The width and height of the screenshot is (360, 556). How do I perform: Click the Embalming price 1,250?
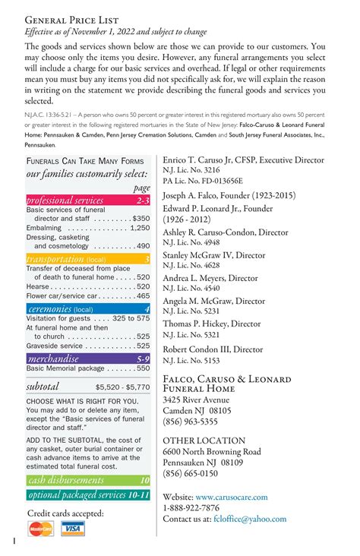140,227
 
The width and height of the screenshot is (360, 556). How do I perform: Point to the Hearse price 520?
143,287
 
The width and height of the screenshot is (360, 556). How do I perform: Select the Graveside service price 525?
143,346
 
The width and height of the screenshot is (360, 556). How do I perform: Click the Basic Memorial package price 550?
143,368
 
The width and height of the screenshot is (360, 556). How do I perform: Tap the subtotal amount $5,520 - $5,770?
122,387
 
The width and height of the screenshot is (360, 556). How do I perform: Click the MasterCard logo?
41,529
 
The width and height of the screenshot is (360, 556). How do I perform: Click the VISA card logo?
72,529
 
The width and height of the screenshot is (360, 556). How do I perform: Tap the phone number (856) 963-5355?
190,422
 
